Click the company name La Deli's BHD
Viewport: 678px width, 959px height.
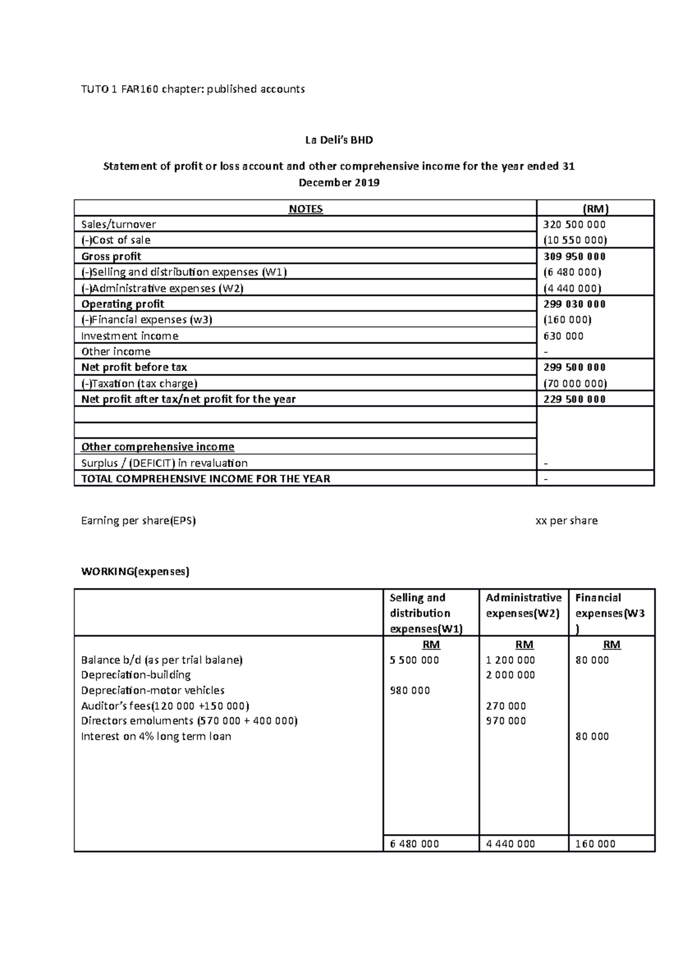click(339, 140)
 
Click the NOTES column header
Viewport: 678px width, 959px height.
click(306, 209)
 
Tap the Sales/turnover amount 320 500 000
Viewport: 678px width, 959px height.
click(574, 224)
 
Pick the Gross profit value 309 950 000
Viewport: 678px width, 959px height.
click(574, 256)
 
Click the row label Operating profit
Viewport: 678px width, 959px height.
click(123, 304)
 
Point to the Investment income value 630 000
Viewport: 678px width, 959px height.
click(563, 336)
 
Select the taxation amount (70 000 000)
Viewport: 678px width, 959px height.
click(575, 383)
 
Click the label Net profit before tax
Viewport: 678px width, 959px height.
click(134, 367)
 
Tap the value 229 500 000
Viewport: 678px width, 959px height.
click(574, 399)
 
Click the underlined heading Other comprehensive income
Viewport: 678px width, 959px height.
click(158, 447)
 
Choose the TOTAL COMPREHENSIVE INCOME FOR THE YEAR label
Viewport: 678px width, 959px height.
click(206, 479)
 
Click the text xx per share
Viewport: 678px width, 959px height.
click(566, 521)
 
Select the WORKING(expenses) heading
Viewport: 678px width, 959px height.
click(135, 571)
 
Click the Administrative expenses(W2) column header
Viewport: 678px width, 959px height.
click(523, 605)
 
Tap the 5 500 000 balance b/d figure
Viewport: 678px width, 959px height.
click(414, 660)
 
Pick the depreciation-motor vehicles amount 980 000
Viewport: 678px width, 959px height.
click(410, 690)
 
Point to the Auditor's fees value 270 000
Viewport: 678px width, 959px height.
click(506, 706)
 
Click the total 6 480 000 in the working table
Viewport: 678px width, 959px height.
click(414, 844)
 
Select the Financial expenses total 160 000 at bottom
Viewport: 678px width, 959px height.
click(595, 844)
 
